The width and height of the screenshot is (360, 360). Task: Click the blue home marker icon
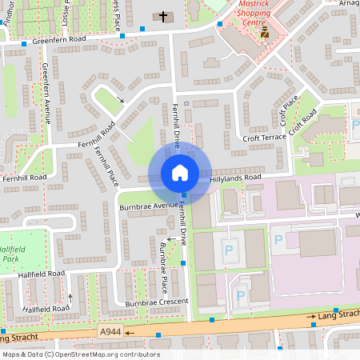coord(180,173)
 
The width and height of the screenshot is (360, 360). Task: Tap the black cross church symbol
coord(163,16)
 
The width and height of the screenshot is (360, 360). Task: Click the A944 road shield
coord(110,331)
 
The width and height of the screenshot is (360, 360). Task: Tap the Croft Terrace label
coord(263,138)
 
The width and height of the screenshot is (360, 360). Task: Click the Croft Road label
coord(305,122)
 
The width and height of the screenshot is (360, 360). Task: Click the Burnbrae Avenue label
coord(148,206)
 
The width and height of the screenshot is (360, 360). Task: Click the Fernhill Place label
coord(106,166)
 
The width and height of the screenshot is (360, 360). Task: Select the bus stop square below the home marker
coord(183,195)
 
